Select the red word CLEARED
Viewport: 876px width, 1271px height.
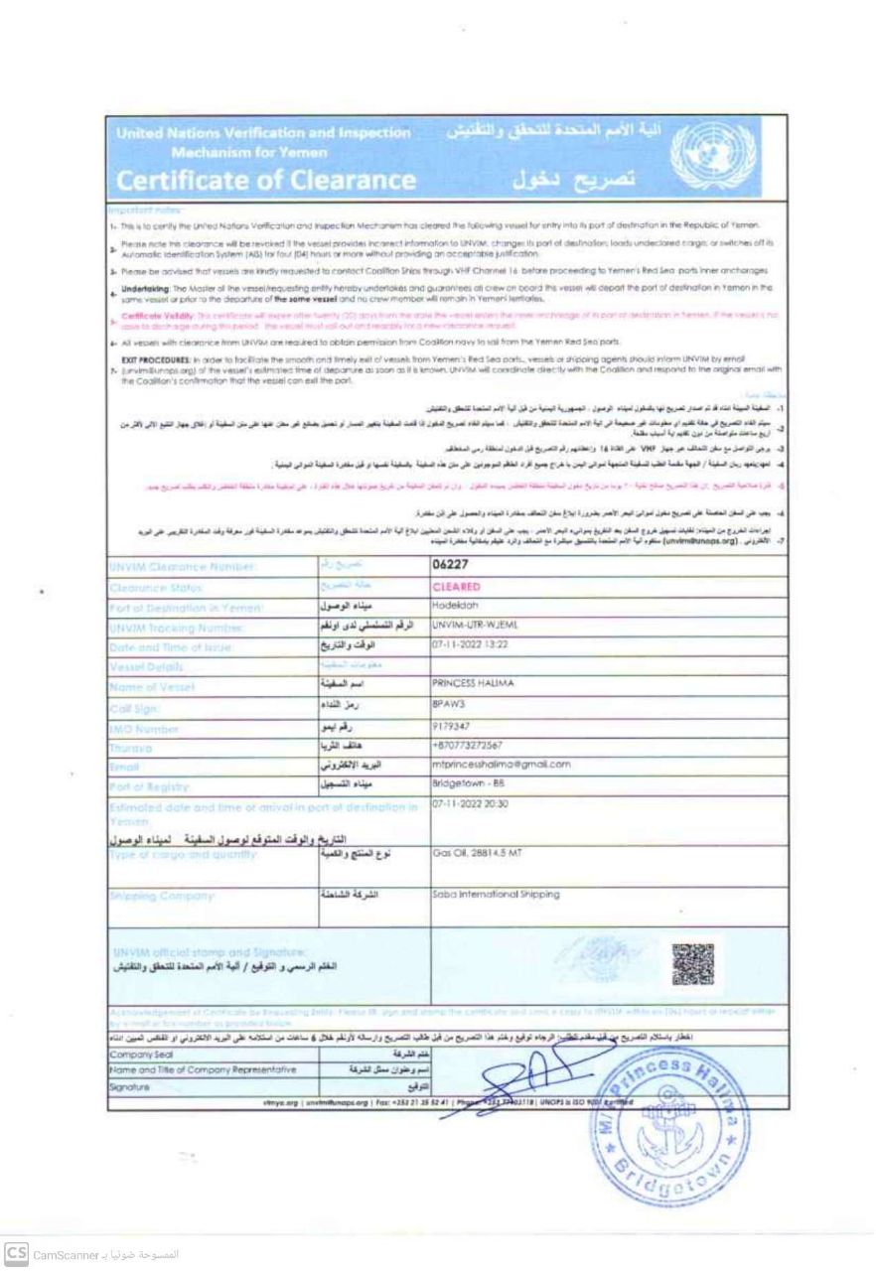coord(458,586)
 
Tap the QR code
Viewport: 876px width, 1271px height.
coord(691,963)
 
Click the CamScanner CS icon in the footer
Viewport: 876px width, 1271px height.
coord(16,1252)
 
